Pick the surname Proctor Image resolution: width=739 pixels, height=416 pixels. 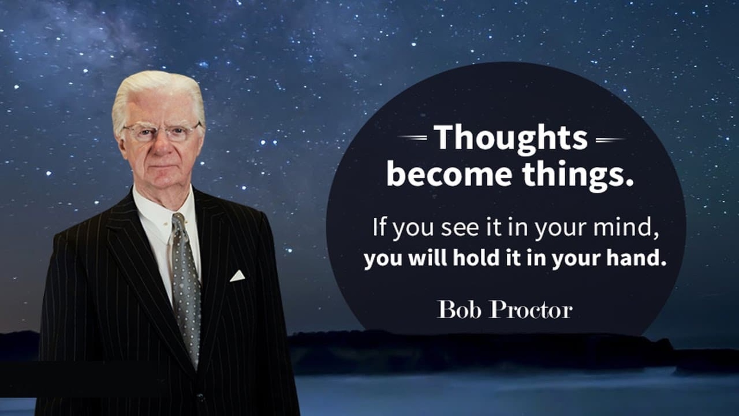point(531,310)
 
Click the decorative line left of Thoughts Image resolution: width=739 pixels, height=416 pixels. point(413,138)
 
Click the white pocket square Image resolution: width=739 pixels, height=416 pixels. point(237,276)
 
